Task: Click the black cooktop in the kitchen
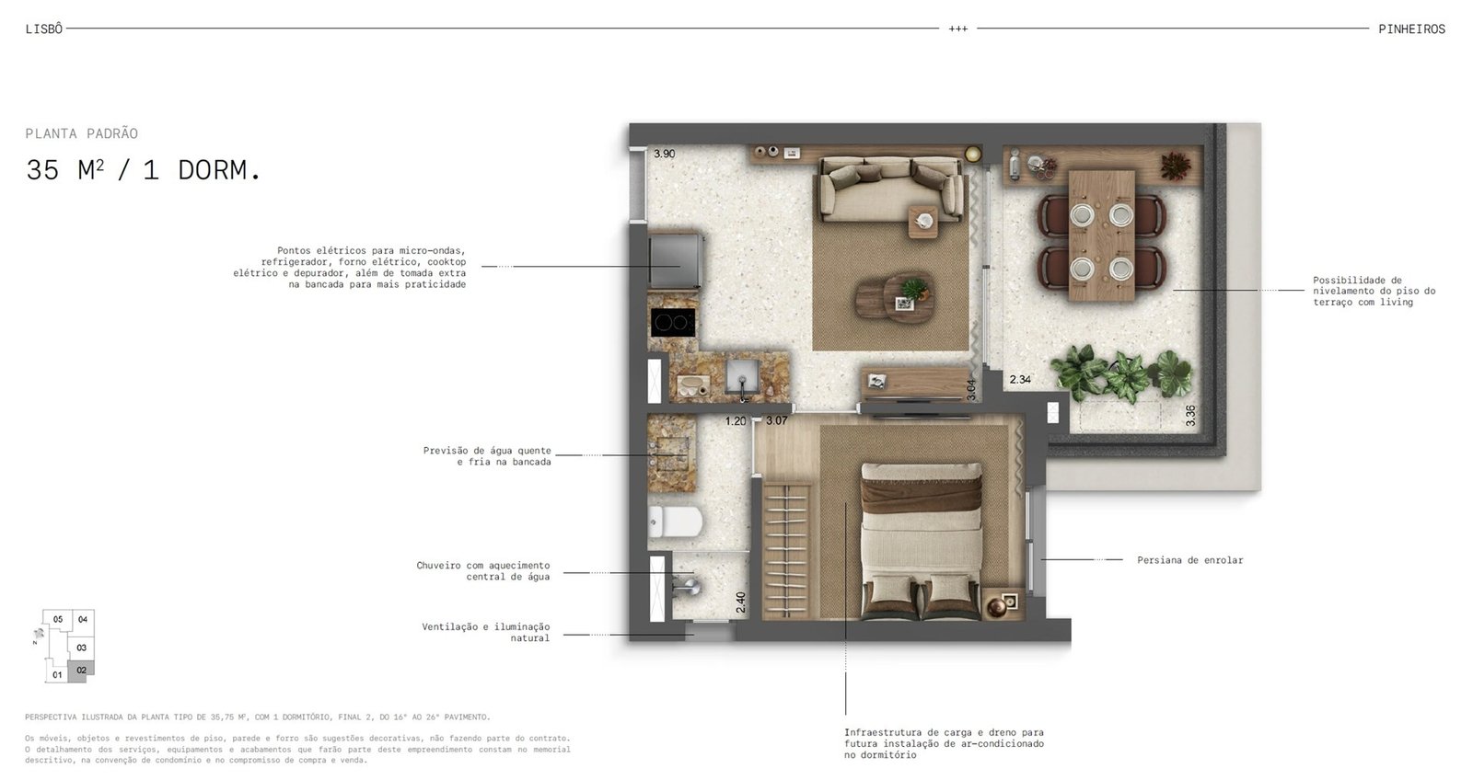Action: [x=673, y=322]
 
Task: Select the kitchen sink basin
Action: [x=742, y=376]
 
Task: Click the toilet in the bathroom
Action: [x=676, y=522]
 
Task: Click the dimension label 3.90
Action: [x=664, y=154]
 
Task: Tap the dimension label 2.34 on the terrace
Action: [x=1020, y=379]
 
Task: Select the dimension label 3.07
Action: [x=777, y=420]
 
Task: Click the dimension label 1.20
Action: [x=736, y=421]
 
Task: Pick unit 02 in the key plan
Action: [x=81, y=671]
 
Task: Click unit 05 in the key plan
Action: [x=58, y=619]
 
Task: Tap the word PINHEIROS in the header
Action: [x=1412, y=29]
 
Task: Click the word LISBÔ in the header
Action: [x=44, y=29]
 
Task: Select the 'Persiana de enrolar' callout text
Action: [x=1190, y=560]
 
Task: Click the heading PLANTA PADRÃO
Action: [x=82, y=133]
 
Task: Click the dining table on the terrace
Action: [x=1102, y=235]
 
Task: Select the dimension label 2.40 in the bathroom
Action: [x=741, y=602]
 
